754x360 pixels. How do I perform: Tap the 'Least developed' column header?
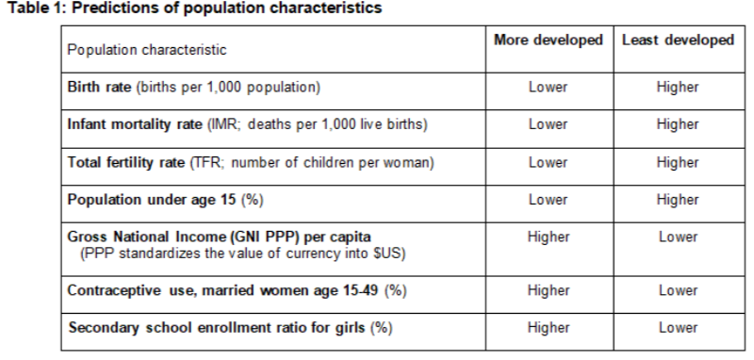(x=679, y=41)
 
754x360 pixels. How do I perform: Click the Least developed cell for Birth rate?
(x=679, y=89)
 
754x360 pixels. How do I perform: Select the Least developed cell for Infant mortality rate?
(x=679, y=124)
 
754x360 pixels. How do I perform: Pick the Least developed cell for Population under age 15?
(x=679, y=201)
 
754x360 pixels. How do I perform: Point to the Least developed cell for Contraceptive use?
(x=679, y=290)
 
